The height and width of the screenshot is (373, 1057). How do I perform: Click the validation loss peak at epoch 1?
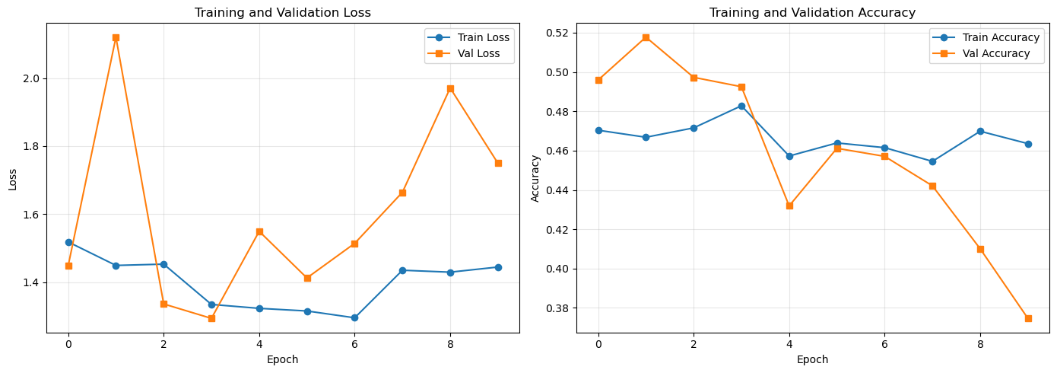point(116,38)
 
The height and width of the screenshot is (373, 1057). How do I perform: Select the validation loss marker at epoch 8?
point(450,89)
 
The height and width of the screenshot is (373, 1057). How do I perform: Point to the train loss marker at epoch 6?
point(355,317)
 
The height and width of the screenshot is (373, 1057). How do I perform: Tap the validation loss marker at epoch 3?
point(211,319)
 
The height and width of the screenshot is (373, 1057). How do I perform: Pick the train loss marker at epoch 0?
point(68,242)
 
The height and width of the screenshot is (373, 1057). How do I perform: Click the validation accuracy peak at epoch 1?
point(646,38)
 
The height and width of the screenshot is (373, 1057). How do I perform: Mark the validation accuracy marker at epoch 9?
point(1028,319)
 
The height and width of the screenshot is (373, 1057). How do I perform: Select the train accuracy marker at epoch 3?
point(741,107)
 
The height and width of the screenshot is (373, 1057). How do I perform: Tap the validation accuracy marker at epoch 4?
point(789,206)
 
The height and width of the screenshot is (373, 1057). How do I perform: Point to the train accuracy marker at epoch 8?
point(980,131)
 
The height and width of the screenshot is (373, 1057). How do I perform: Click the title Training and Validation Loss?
point(283,12)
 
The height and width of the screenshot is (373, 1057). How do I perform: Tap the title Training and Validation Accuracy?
point(812,12)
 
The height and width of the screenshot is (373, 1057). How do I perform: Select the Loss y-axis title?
point(13,180)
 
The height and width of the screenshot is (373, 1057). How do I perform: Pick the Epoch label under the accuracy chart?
point(812,360)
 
